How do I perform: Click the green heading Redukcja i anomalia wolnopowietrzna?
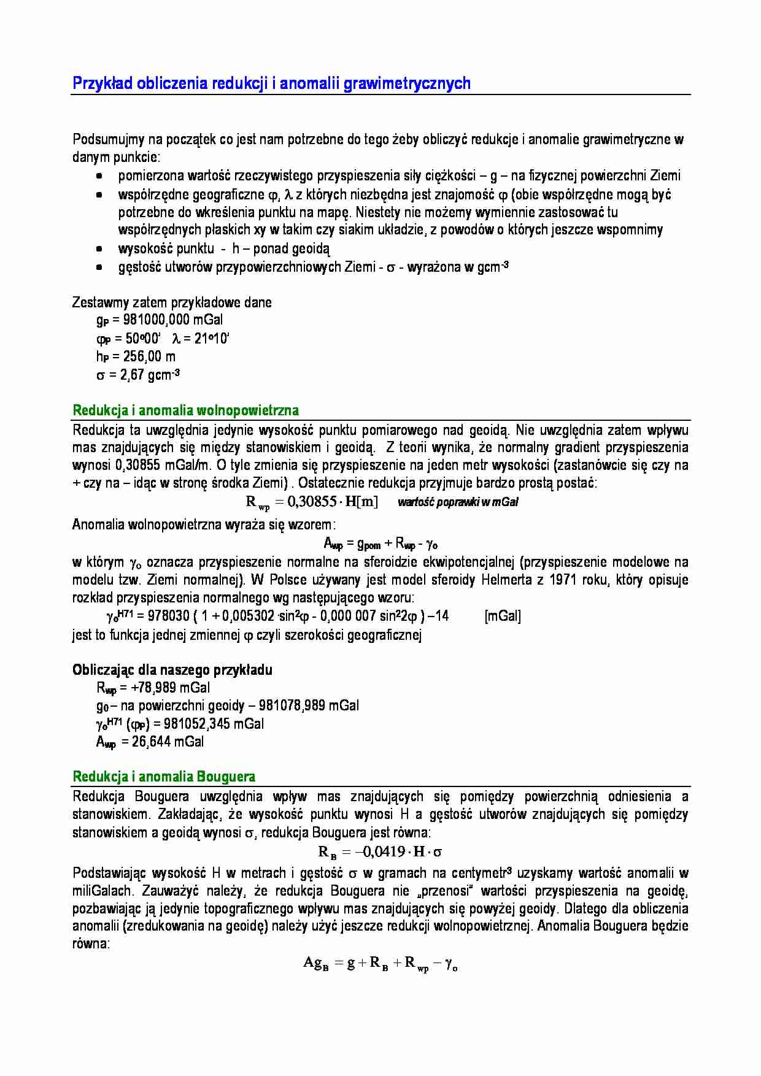coord(185,410)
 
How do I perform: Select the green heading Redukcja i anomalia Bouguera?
coord(164,777)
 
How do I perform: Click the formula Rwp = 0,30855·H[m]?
coord(311,502)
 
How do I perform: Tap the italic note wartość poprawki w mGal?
coord(458,502)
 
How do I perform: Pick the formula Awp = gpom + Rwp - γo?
coord(380,544)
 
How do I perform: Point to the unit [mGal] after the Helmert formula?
coord(502,616)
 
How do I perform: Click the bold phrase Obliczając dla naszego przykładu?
coord(172,670)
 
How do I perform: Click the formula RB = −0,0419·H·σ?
coord(380,851)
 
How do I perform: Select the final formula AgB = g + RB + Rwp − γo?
coord(380,963)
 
